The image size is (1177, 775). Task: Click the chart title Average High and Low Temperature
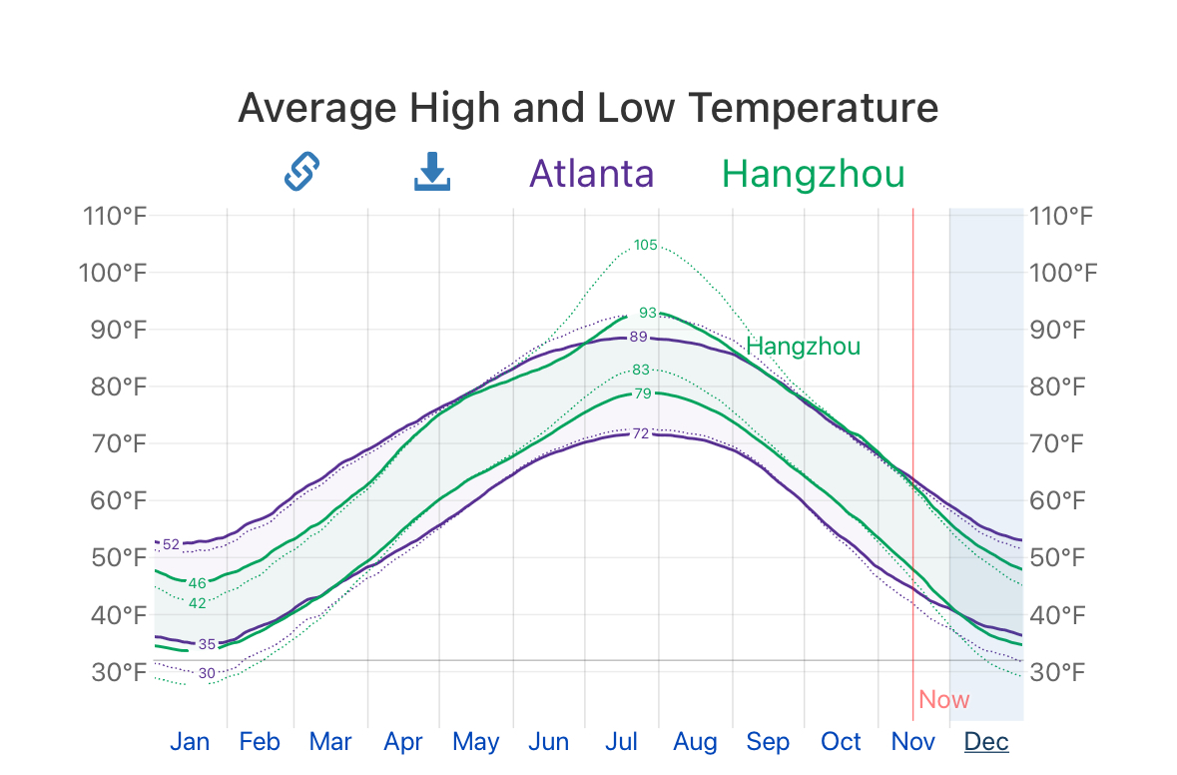coord(588,108)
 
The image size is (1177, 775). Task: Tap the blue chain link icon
coord(300,172)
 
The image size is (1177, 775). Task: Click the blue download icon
coord(432,172)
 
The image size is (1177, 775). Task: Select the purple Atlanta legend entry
coord(591,174)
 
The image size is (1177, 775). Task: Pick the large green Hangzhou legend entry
coord(813,174)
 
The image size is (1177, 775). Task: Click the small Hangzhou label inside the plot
coord(803,347)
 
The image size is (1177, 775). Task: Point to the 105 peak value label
coord(646,245)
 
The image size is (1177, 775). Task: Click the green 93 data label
coord(648,313)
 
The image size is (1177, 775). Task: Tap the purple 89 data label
coord(639,337)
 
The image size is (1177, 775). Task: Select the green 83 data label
coord(641,370)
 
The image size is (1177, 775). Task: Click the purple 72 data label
coord(641,433)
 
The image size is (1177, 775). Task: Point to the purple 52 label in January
coord(171,544)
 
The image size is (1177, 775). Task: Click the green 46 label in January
coord(197,583)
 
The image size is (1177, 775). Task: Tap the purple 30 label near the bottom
coord(207,673)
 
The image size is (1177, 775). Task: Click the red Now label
coord(943,699)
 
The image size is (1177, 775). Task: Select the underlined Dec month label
coord(985,742)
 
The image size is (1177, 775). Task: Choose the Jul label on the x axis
coord(621,742)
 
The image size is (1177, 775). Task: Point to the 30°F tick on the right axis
coord(1062,672)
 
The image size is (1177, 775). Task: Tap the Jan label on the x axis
coord(190,742)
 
